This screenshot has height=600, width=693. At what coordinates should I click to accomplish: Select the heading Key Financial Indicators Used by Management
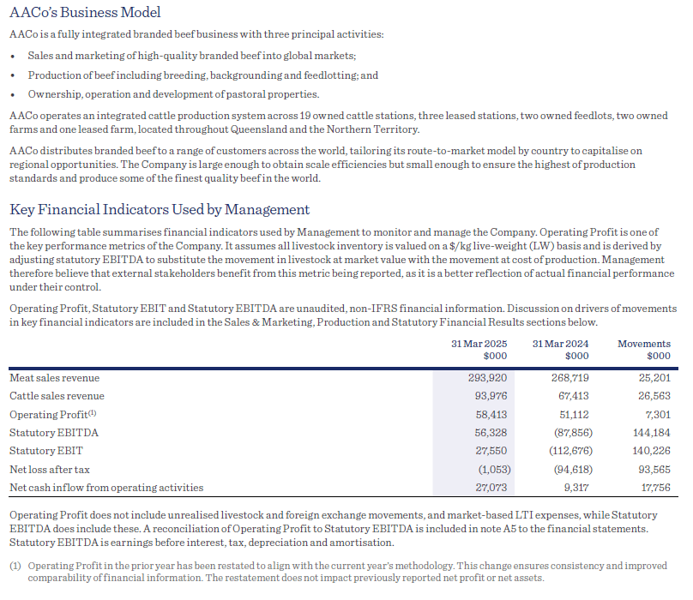point(160,209)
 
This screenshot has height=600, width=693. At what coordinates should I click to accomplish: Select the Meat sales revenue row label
point(54,378)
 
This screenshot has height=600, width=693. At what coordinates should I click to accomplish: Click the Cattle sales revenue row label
point(57,396)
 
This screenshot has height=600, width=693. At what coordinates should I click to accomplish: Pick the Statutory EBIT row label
point(45,451)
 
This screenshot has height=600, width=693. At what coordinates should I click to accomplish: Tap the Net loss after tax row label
point(51,469)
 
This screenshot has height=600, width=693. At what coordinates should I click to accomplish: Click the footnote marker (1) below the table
point(15,567)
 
